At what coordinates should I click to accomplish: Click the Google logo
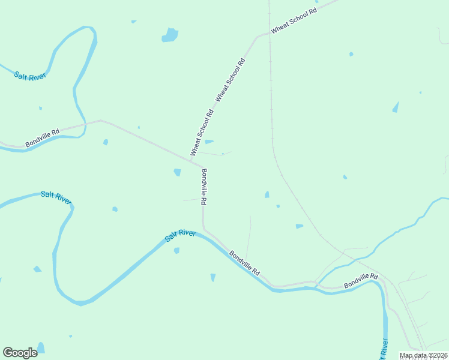point(20,353)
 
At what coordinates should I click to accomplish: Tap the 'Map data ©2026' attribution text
point(423,355)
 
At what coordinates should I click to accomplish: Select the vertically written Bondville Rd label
point(205,184)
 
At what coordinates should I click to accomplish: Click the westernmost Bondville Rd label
point(43,138)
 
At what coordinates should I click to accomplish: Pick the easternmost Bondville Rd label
point(361,280)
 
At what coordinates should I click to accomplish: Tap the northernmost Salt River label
point(30,76)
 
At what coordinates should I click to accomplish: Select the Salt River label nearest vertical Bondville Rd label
point(180,236)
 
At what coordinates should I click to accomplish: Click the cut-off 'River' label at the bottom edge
point(383,349)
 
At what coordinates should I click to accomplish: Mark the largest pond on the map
point(170,35)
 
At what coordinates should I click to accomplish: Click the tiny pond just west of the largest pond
point(134,22)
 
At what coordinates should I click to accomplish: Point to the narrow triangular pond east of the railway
point(396,107)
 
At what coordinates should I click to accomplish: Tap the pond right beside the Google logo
point(41,347)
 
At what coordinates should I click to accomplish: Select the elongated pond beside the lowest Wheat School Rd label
point(209,142)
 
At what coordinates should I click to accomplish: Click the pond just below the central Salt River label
point(176,250)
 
